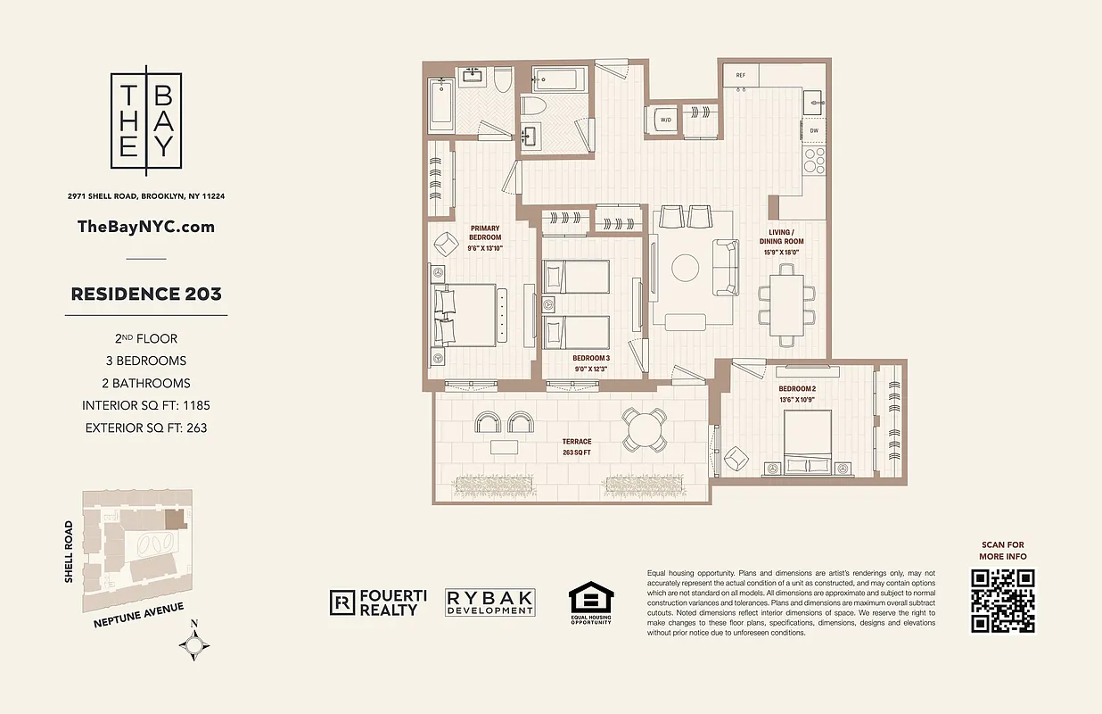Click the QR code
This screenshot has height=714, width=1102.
[1003, 600]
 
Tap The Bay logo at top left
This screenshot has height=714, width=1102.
[146, 120]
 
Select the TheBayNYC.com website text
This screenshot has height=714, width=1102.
[146, 227]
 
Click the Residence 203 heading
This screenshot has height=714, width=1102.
[146, 294]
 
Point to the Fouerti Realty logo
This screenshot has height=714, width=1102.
[374, 603]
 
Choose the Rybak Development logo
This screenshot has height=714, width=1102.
[490, 603]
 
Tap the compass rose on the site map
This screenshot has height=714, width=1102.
[194, 643]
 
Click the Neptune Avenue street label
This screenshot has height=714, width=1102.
[138, 616]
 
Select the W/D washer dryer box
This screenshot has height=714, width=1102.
[665, 120]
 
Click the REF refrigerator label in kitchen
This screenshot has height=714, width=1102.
[740, 76]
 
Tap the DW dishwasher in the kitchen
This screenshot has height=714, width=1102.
[813, 131]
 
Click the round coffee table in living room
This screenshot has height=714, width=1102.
[687, 268]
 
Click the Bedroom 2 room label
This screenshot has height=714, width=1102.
[796, 389]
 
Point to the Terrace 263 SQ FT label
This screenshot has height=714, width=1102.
[576, 447]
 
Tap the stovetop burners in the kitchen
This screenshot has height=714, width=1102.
[814, 161]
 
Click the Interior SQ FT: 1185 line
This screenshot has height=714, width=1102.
[146, 405]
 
